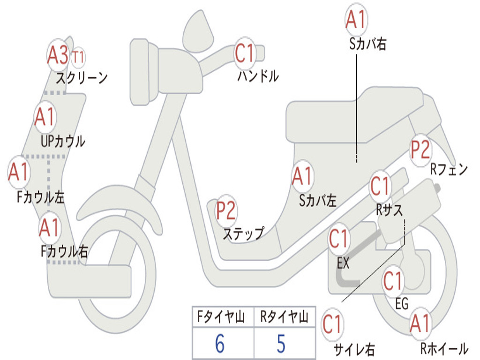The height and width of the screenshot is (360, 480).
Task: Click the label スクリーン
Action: point(82,77)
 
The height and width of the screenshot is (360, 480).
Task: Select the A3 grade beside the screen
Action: point(58,56)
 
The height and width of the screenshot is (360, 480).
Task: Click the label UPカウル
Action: point(63,141)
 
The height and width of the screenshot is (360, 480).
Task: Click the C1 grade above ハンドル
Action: point(245,54)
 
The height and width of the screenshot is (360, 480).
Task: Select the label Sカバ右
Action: point(368,44)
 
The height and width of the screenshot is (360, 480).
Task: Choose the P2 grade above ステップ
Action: point(226,211)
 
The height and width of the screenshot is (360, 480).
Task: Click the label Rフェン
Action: point(449,170)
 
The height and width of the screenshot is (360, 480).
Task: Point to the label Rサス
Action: point(390,210)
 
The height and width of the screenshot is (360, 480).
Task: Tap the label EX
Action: point(343,263)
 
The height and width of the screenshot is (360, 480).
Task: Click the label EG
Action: point(402,304)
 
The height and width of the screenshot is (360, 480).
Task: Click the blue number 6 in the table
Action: point(220,344)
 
